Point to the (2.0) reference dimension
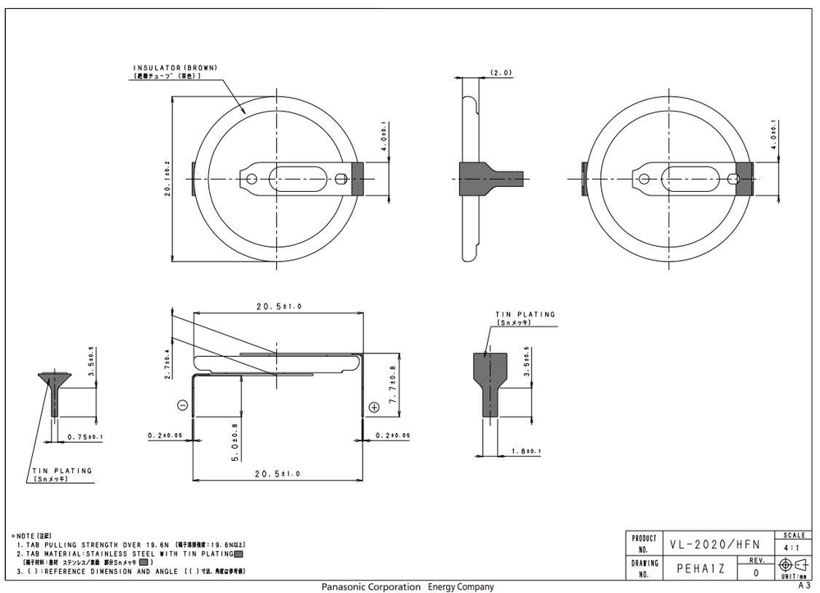click(500, 73)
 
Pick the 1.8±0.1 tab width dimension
click(524, 452)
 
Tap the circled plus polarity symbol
click(374, 406)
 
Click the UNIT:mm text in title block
click(794, 577)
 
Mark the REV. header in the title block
click(756, 560)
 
